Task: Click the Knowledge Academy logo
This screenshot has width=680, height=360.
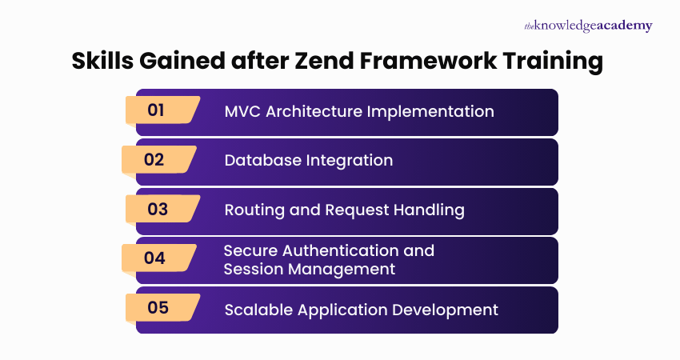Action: pyautogui.click(x=588, y=26)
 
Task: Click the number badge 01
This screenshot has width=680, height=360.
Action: pyautogui.click(x=157, y=110)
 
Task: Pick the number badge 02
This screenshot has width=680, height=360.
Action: pyautogui.click(x=154, y=159)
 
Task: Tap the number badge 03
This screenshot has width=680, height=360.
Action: pyautogui.click(x=158, y=209)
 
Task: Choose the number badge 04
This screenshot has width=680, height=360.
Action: pyautogui.click(x=154, y=258)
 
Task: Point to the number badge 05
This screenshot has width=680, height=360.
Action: pyautogui.click(x=158, y=307)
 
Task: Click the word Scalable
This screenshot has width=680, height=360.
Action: pyautogui.click(x=258, y=309)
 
